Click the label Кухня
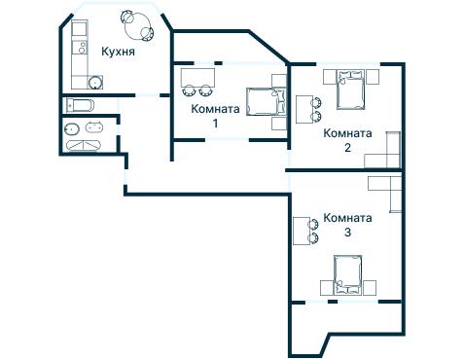[117, 51]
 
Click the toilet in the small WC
[71, 127]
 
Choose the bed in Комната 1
[263, 101]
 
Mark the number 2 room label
[347, 148]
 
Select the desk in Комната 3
[300, 231]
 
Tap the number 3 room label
[347, 234]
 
